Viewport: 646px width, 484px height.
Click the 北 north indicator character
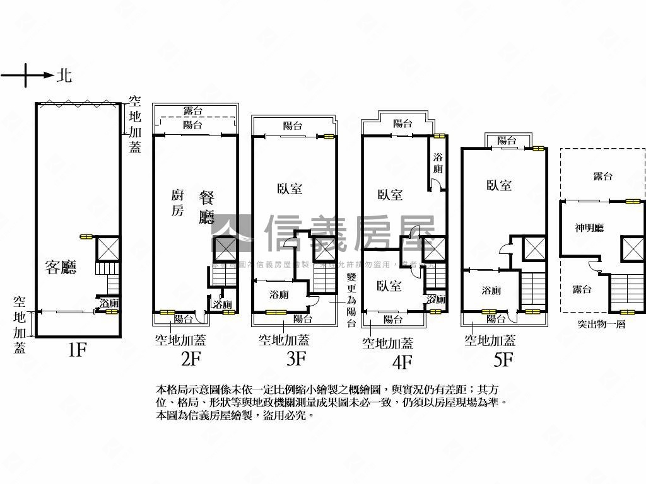pyautogui.click(x=64, y=76)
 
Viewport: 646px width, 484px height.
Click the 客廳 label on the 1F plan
pyautogui.click(x=61, y=267)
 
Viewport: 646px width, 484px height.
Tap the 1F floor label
pyautogui.click(x=76, y=350)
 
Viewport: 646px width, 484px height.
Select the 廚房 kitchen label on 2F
pyautogui.click(x=177, y=203)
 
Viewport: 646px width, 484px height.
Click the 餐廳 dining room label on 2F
pyautogui.click(x=207, y=208)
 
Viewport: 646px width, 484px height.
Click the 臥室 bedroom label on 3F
pyautogui.click(x=289, y=188)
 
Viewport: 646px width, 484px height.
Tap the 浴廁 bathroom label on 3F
pyautogui.click(x=279, y=294)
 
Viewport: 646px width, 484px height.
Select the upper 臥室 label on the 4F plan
pyautogui.click(x=390, y=195)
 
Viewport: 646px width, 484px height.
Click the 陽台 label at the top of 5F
pyautogui.click(x=507, y=140)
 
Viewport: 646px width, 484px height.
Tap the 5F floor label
pyautogui.click(x=503, y=359)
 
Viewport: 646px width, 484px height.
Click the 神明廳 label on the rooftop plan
pyautogui.click(x=589, y=228)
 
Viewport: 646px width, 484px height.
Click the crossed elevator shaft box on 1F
pyautogui.click(x=107, y=248)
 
